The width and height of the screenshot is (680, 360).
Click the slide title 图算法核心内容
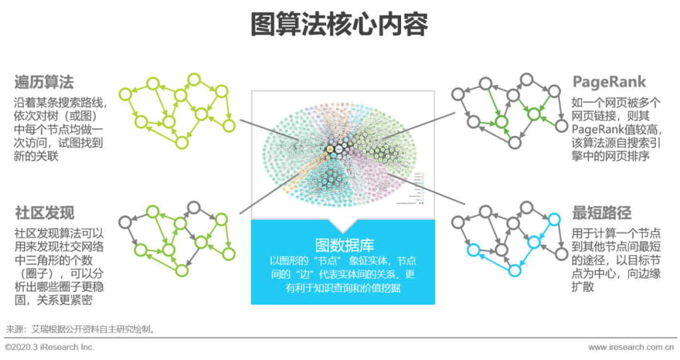339,25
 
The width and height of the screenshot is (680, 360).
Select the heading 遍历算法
44,82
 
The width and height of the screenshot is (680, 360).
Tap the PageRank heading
609,82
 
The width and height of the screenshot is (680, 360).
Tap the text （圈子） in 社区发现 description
38,273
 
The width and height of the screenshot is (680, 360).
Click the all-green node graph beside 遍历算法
178,110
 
